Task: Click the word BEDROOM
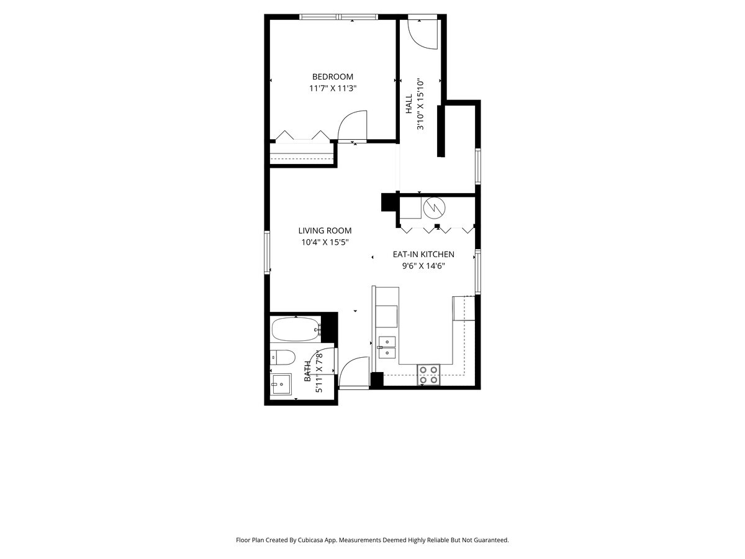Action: (x=332, y=77)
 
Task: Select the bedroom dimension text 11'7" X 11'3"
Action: (x=332, y=88)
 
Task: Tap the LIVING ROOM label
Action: (x=325, y=230)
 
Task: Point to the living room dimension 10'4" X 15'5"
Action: (x=325, y=242)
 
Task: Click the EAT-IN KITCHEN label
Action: (x=423, y=254)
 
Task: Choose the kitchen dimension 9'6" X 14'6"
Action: (x=423, y=266)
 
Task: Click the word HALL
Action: (x=409, y=104)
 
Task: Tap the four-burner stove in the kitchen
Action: (x=428, y=375)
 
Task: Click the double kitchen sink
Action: (x=387, y=347)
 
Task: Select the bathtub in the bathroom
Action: (x=295, y=329)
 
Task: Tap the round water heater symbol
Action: (x=434, y=207)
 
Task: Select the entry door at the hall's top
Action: (x=425, y=34)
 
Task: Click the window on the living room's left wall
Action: (x=268, y=252)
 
